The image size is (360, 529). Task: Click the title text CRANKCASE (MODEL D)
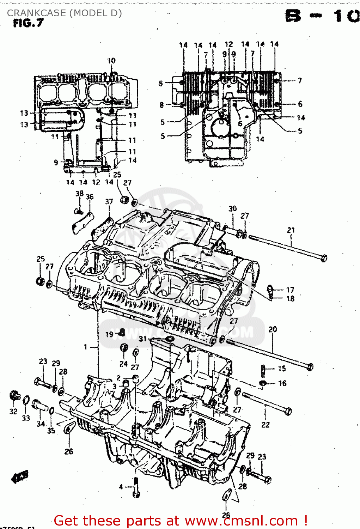[64, 13]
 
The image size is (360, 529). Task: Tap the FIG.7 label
[28, 23]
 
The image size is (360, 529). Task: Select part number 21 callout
[291, 230]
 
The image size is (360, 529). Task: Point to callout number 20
[273, 329]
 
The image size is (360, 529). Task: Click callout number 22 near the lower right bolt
[265, 425]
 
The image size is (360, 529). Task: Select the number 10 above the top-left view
[111, 61]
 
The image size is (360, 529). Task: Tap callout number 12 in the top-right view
[229, 44]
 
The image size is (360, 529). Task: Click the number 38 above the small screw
[79, 194]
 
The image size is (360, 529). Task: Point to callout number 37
[109, 202]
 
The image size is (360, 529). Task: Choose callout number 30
[232, 209]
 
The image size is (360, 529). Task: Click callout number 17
[290, 290]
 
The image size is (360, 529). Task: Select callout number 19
[109, 334]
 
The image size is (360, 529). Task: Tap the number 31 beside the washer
[142, 339]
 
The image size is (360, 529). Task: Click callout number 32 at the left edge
[13, 412]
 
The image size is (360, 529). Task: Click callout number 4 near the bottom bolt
[121, 487]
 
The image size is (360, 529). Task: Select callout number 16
[282, 383]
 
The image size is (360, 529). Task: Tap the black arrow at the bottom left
[20, 477]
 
